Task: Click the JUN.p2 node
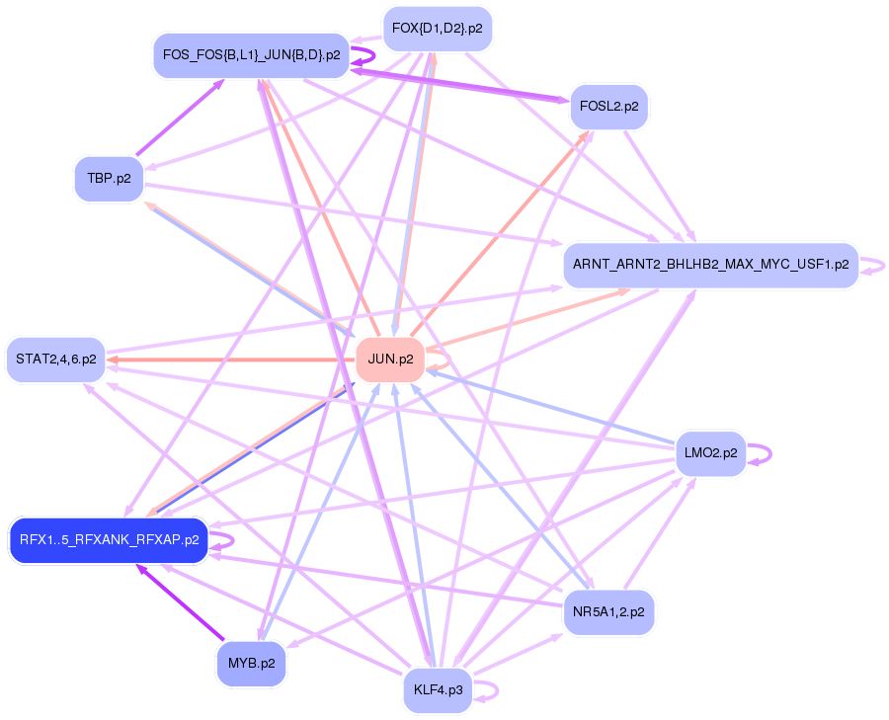[389, 359]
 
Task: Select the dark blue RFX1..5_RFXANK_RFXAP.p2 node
[109, 540]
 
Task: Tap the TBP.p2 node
[109, 179]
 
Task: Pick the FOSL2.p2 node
[609, 106]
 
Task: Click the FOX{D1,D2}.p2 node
[437, 29]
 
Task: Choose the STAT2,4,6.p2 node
[55, 359]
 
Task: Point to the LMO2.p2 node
[710, 453]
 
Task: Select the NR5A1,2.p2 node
[607, 612]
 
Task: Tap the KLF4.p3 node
[439, 689]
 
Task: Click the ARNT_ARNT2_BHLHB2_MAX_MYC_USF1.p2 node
[710, 265]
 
